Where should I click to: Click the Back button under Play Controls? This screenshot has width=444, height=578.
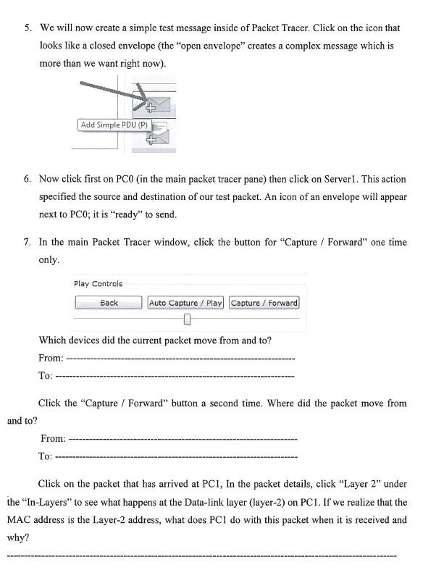109,303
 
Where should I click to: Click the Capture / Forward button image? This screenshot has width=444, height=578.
264,303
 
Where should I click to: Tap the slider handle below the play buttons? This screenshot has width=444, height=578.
187,319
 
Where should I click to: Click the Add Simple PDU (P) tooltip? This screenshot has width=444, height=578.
114,125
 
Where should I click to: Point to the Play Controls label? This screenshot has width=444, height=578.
98,284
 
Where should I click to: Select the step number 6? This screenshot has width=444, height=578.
28,179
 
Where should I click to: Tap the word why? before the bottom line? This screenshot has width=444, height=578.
17,537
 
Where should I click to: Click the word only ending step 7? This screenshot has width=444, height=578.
49,260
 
